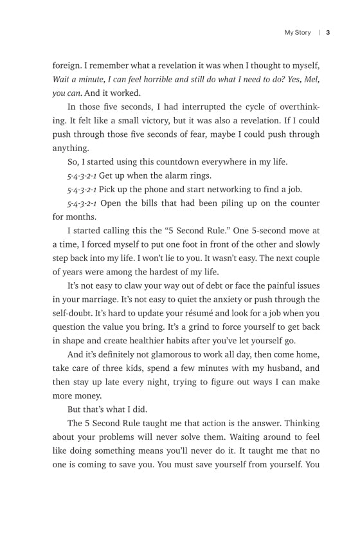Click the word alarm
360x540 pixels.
pos(172,175)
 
